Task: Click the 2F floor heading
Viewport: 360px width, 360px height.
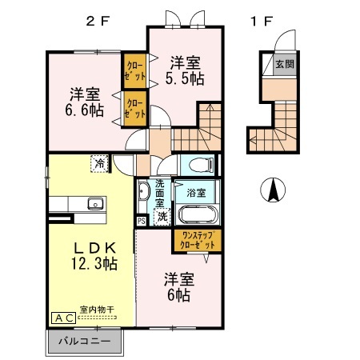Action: (98, 22)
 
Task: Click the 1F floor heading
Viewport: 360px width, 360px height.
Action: (259, 22)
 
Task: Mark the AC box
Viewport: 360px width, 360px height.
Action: (64, 318)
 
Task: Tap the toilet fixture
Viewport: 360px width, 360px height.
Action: (201, 166)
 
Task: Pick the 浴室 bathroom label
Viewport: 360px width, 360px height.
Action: (196, 193)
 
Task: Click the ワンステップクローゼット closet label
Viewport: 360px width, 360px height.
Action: (194, 242)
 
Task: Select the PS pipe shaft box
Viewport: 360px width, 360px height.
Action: (141, 222)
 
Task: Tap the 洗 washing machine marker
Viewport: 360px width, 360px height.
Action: (161, 216)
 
